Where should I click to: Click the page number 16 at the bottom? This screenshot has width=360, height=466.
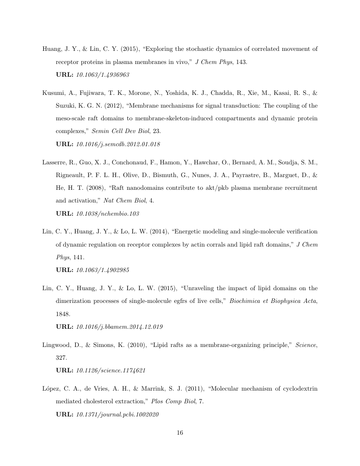[180, 433]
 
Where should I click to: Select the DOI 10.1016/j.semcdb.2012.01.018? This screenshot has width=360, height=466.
[118, 144]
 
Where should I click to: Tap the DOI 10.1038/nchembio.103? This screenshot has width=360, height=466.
[108, 214]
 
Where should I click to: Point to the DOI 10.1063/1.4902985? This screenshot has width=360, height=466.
[102, 269]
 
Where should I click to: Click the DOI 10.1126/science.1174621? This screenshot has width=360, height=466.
[111, 370]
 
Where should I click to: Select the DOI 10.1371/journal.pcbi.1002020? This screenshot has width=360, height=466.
[117, 414]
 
